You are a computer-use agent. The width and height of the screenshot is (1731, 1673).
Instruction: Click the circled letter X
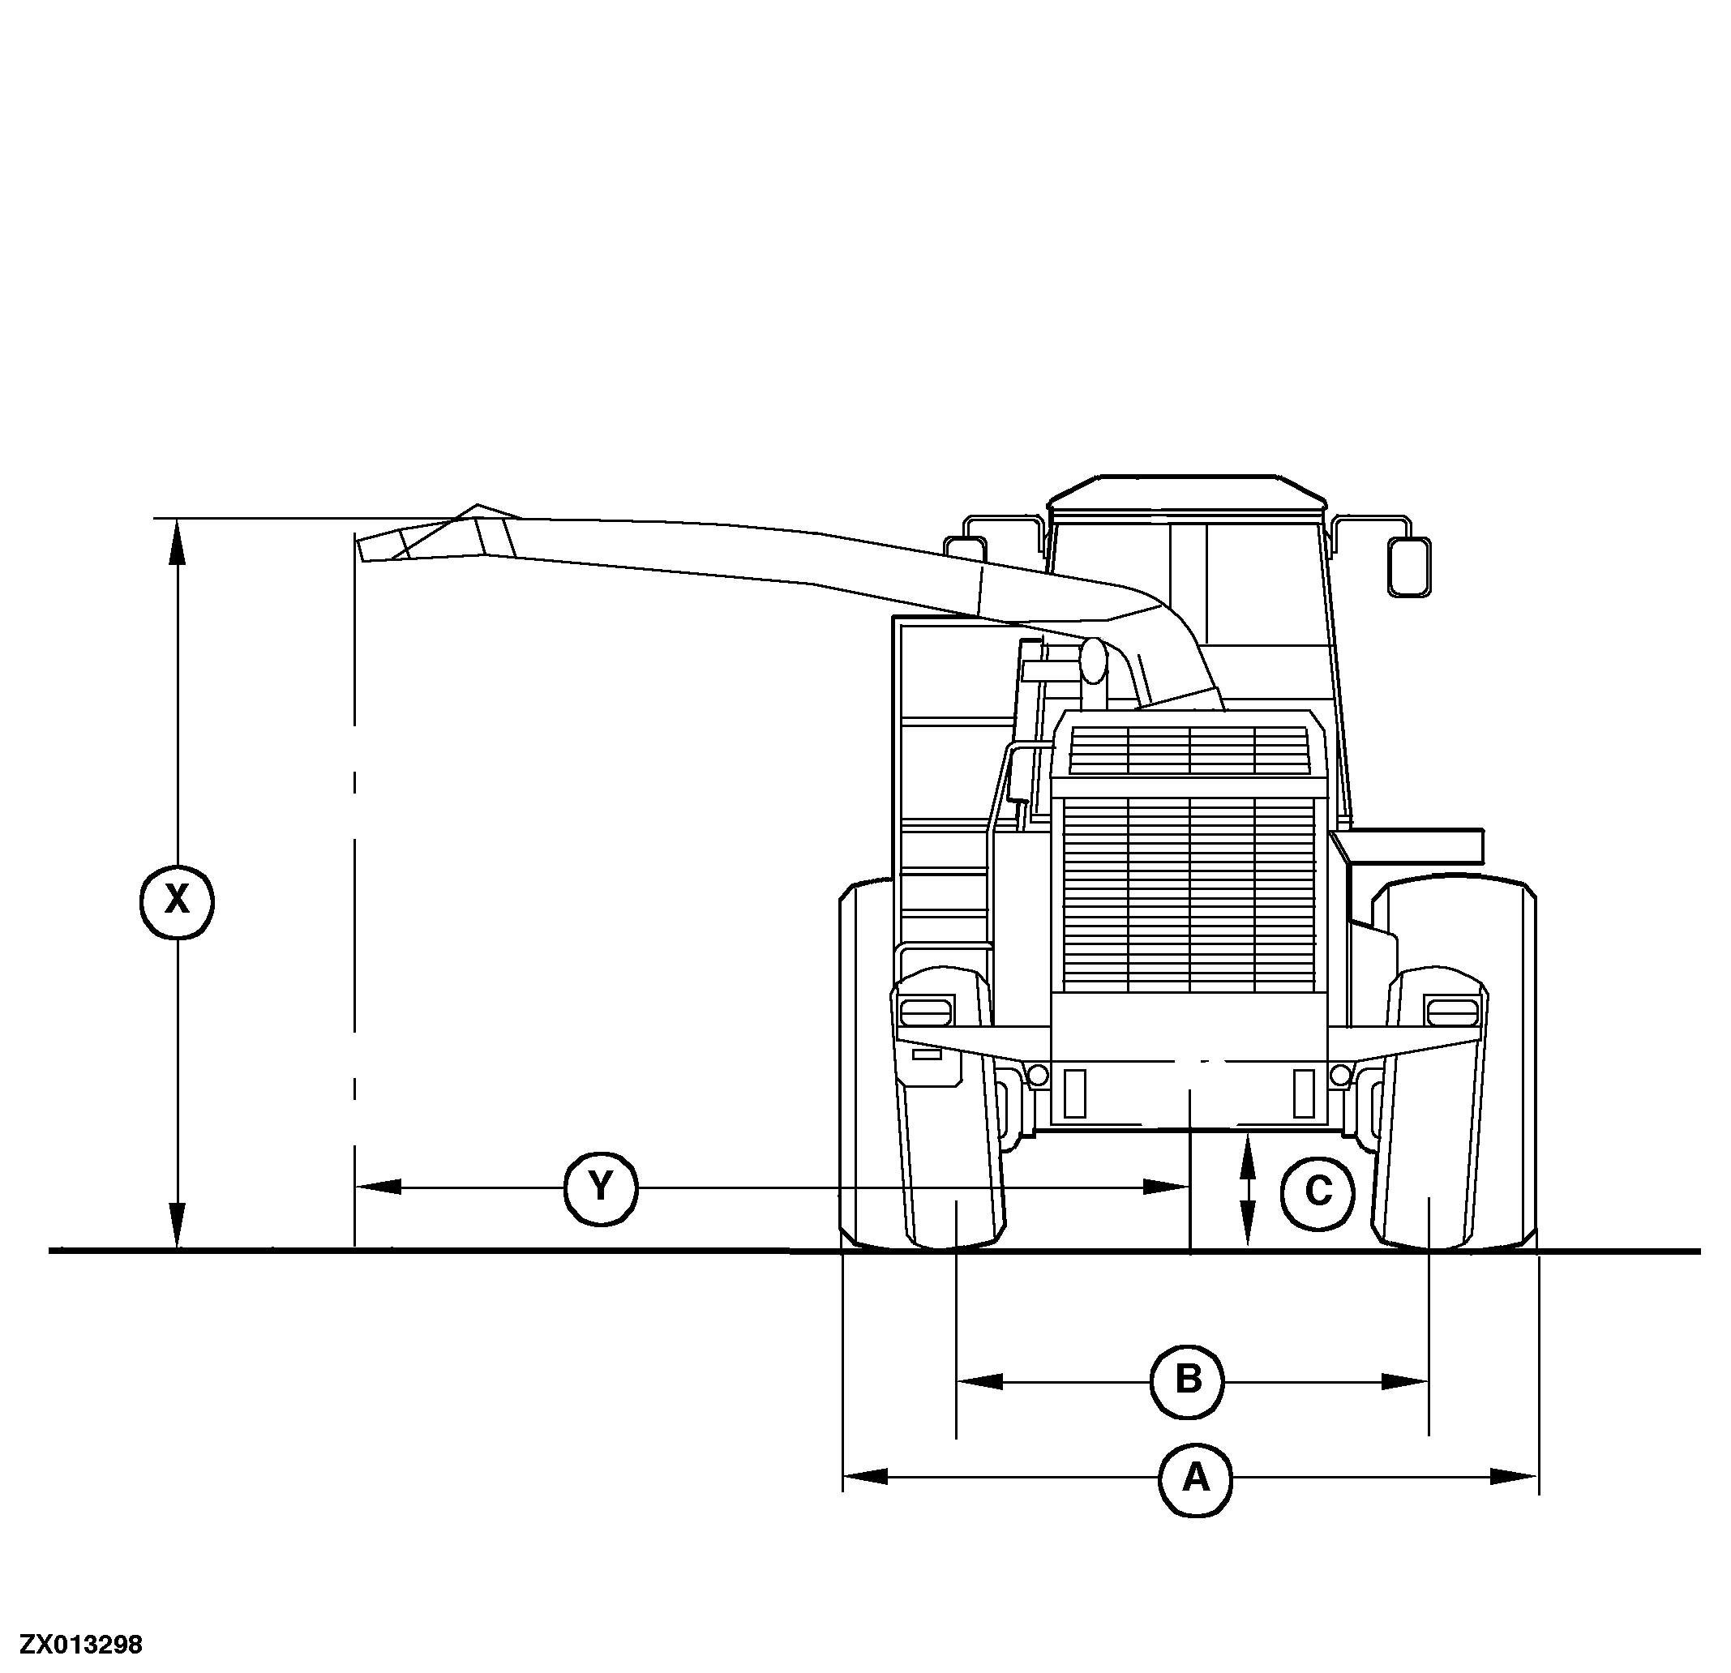click(x=178, y=901)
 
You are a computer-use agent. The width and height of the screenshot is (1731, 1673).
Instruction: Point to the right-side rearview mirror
click(x=1408, y=567)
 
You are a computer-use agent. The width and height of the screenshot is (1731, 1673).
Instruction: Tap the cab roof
click(x=1187, y=493)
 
